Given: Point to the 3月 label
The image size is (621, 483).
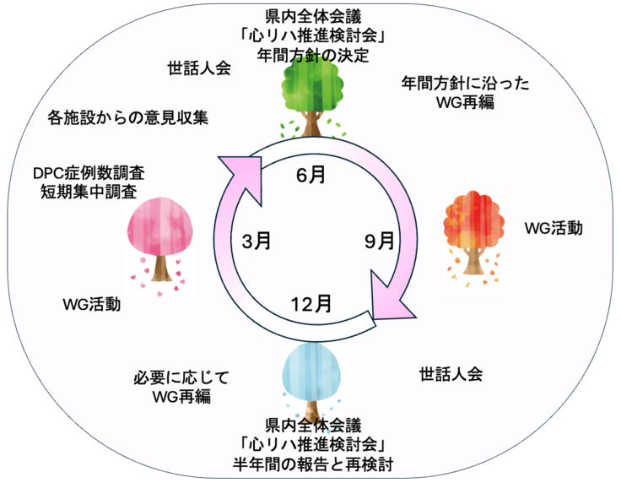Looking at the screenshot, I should [256, 241].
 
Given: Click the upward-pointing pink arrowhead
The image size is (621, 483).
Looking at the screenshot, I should [239, 173].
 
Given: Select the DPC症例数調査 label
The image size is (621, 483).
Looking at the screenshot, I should [89, 172].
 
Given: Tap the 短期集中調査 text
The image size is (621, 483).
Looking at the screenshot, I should [89, 192].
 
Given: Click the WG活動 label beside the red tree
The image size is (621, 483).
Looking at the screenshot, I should [553, 228].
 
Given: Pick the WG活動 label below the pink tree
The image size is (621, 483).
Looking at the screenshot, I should [91, 304].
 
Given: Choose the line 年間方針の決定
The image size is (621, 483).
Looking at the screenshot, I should [313, 55].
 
